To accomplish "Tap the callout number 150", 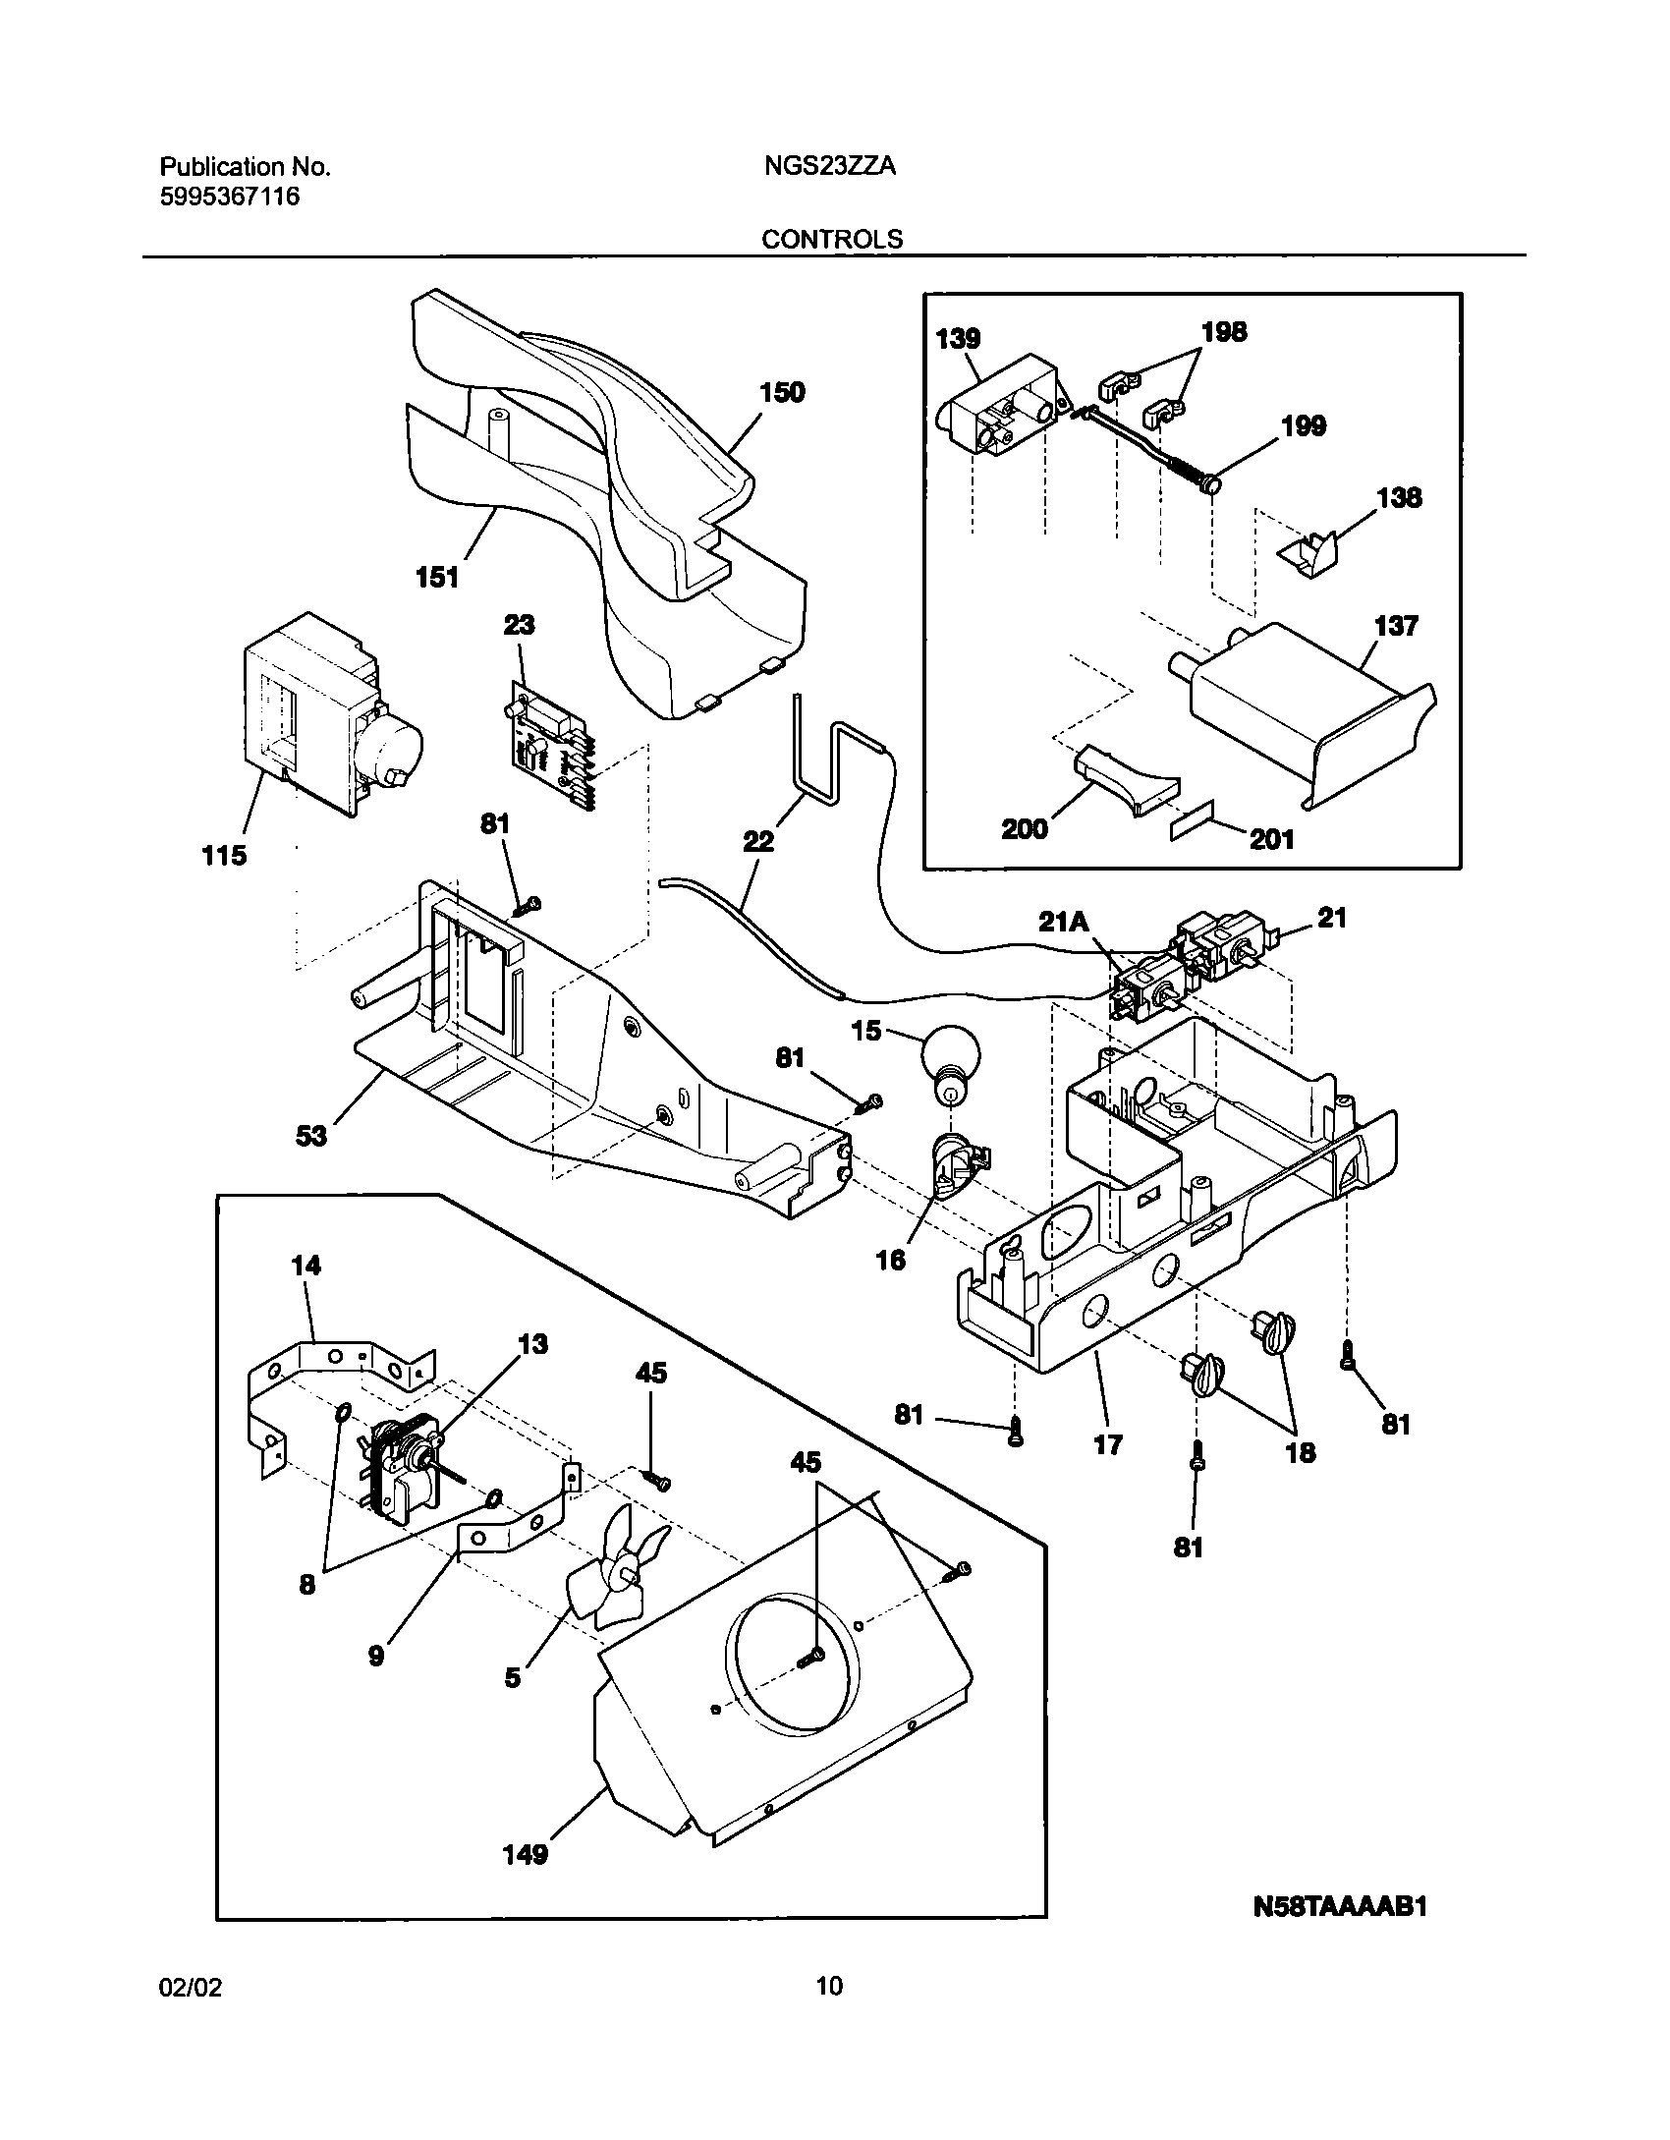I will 781,393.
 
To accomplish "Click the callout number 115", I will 224,856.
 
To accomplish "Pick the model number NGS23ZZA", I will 829,167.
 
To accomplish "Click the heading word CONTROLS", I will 832,239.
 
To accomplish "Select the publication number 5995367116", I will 229,197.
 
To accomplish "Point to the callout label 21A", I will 1064,922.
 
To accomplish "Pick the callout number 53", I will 311,1137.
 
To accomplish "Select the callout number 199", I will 1304,425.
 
